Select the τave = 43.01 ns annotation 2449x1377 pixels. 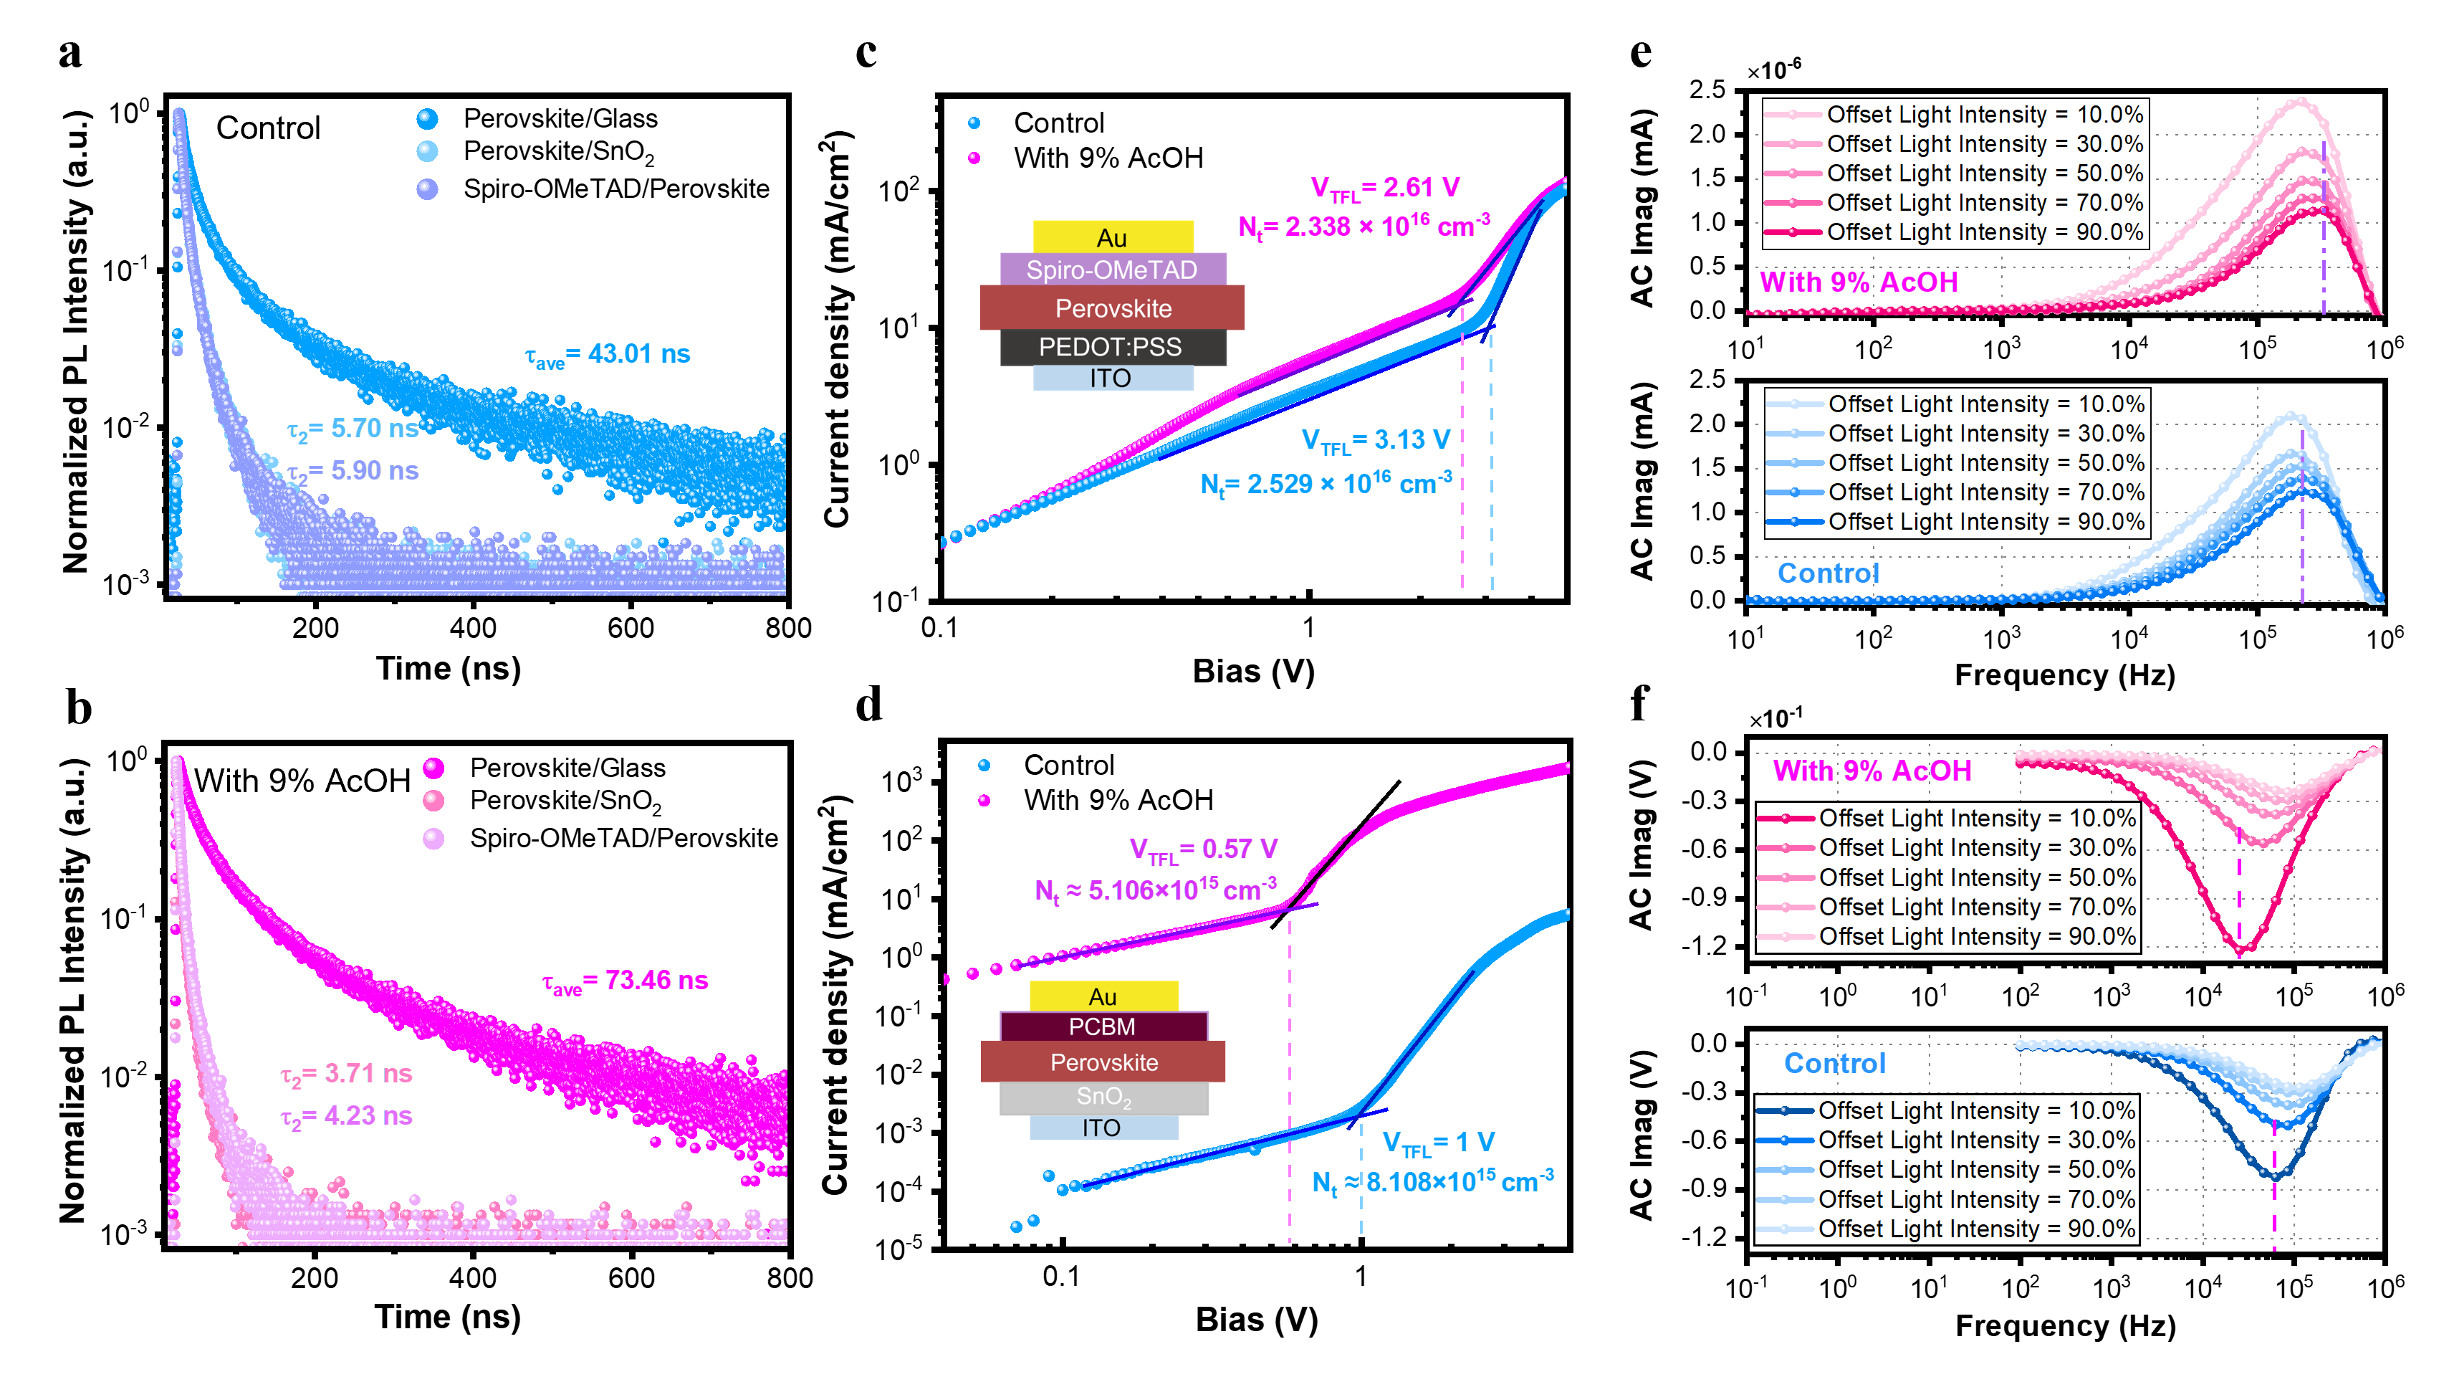[608, 355]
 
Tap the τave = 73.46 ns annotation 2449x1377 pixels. [625, 981]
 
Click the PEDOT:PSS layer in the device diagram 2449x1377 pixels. [1111, 347]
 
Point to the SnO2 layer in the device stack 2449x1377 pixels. [1103, 1097]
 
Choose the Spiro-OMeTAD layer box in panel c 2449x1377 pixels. [1111, 270]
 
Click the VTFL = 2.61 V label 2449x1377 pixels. [1385, 189]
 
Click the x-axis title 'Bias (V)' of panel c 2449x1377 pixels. [1253, 672]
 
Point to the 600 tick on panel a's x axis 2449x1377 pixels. [631, 629]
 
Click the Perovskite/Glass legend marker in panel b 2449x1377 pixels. [433, 768]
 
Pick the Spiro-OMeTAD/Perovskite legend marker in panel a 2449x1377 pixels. [428, 189]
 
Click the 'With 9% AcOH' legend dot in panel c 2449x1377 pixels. [974, 158]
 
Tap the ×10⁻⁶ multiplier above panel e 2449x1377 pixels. [1773, 70]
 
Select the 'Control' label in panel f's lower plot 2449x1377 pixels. [1834, 1063]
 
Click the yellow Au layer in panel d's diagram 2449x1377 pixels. [1103, 996]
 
